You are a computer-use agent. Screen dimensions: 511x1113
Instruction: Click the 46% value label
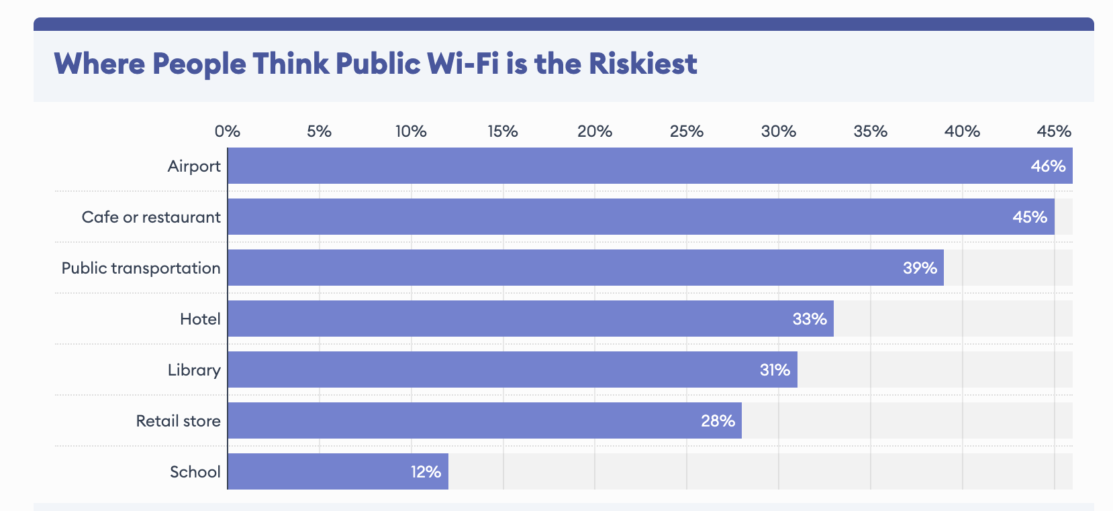pos(1048,166)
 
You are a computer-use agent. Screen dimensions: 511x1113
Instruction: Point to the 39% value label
pos(920,268)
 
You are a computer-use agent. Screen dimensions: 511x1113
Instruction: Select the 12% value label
pos(426,472)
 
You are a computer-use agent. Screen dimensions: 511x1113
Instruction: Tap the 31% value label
pos(775,370)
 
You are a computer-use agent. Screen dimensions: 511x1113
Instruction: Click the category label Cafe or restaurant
pos(151,217)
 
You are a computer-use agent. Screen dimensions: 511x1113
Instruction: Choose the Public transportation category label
pos(141,268)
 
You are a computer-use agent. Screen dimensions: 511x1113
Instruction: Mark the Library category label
pos(194,370)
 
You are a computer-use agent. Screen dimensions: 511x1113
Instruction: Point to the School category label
pos(195,472)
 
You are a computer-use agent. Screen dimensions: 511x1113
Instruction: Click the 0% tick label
pos(228,131)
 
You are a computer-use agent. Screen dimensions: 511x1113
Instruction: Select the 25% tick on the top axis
pos(686,131)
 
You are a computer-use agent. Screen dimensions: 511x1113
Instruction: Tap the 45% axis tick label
pos(1054,131)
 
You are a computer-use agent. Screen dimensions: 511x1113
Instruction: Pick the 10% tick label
pos(411,131)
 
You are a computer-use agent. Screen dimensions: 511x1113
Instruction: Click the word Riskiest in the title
pos(643,64)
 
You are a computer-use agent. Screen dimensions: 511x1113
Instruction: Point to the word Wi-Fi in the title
pos(463,64)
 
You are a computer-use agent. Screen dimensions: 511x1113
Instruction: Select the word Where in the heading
pos(99,64)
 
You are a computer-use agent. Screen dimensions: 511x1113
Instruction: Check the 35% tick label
pos(870,131)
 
